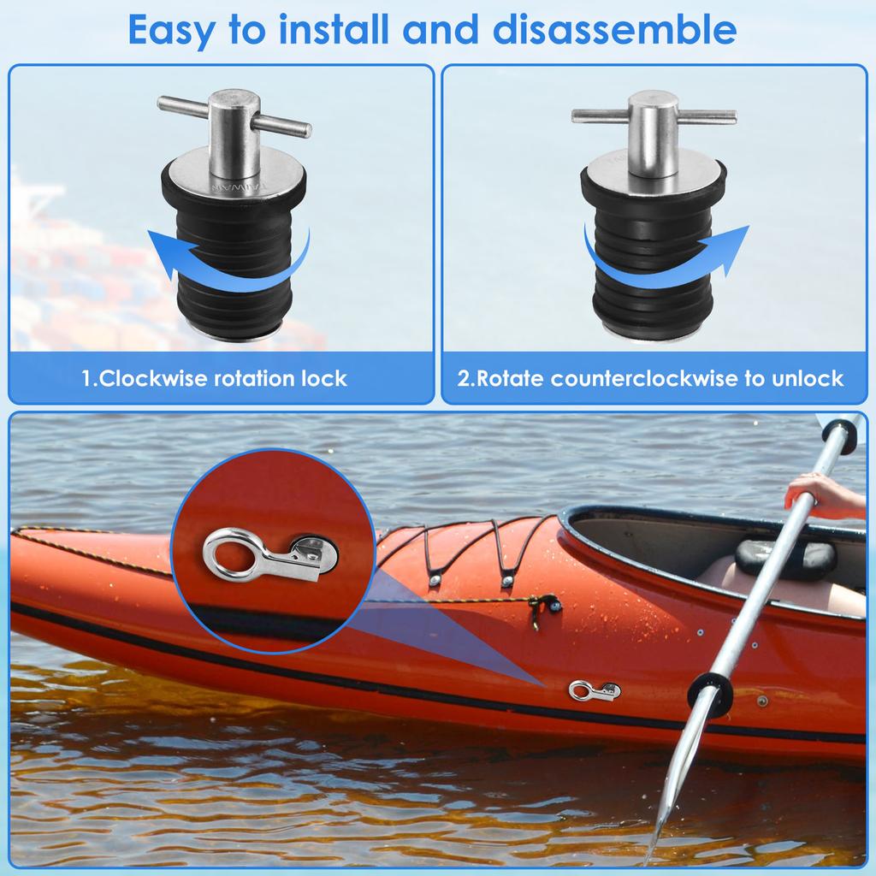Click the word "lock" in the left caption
click(x=328, y=378)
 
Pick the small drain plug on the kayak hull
click(x=594, y=689)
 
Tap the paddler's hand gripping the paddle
click(x=813, y=491)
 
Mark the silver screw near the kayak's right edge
click(x=761, y=701)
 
